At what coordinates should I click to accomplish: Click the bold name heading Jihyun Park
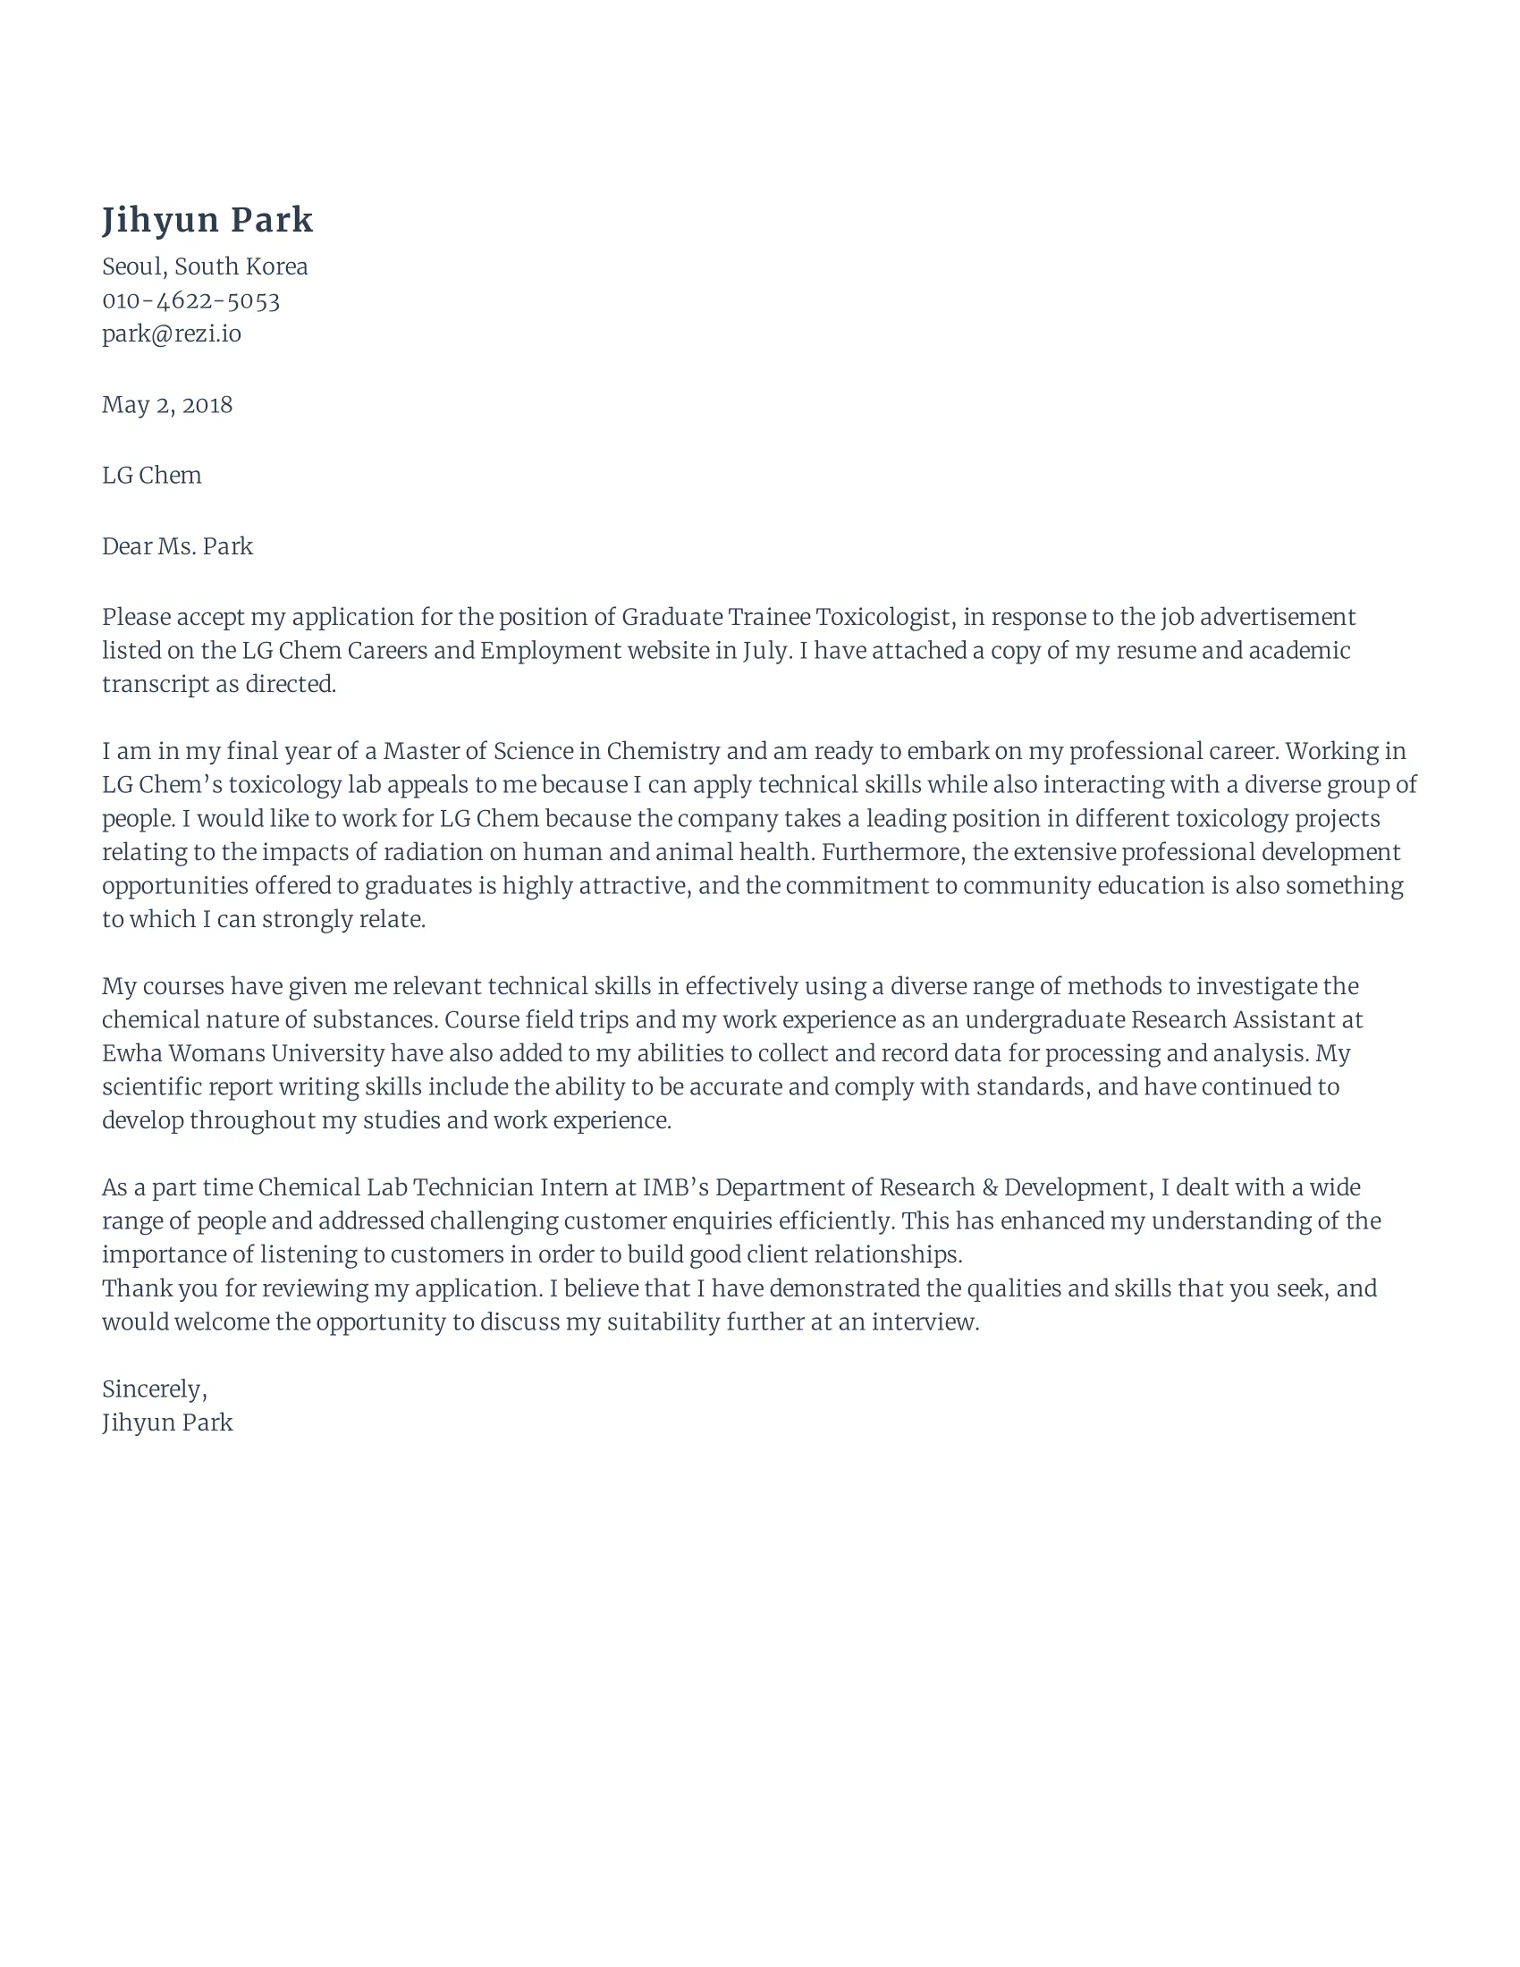(x=207, y=221)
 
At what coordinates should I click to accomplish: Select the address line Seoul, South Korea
(x=205, y=266)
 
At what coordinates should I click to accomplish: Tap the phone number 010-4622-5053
(x=191, y=300)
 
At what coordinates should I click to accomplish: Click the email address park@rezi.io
(x=171, y=334)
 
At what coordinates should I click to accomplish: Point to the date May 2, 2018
(x=166, y=405)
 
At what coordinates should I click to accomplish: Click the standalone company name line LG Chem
(x=151, y=476)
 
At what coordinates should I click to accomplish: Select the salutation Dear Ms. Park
(x=176, y=546)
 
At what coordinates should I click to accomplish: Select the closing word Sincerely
(x=153, y=1389)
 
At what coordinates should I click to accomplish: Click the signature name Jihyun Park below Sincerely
(x=166, y=1423)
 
